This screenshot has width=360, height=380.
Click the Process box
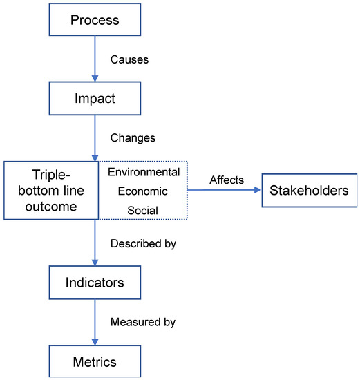pyautogui.click(x=95, y=19)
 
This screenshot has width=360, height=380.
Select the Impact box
pyautogui.click(x=95, y=98)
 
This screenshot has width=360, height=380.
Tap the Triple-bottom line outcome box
pyautogui.click(x=51, y=191)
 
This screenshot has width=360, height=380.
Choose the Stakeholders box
pyautogui.click(x=310, y=190)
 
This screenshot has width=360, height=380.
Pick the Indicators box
pyautogui.click(x=95, y=283)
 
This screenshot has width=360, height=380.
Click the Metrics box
pyautogui.click(x=95, y=361)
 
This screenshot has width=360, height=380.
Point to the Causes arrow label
pyautogui.click(x=129, y=59)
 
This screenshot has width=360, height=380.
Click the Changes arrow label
pyautogui.click(x=133, y=138)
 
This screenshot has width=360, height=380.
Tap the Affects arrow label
pyautogui.click(x=227, y=180)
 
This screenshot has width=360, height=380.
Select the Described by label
pyautogui.click(x=143, y=244)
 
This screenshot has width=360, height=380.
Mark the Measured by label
pyautogui.click(x=143, y=323)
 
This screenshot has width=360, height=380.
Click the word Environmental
pyautogui.click(x=144, y=172)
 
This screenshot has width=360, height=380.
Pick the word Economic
pyautogui.click(x=143, y=191)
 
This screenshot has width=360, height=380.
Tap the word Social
pyautogui.click(x=143, y=210)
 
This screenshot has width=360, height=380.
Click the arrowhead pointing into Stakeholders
pyautogui.click(x=258, y=190)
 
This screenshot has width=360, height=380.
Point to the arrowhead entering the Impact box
pyautogui.click(x=95, y=78)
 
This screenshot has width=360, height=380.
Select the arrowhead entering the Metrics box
pyautogui.click(x=95, y=342)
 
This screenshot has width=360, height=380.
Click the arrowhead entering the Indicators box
pyautogui.click(x=95, y=263)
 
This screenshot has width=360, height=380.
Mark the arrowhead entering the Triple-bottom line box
pyautogui.click(x=95, y=158)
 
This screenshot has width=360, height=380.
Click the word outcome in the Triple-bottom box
pyautogui.click(x=51, y=207)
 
